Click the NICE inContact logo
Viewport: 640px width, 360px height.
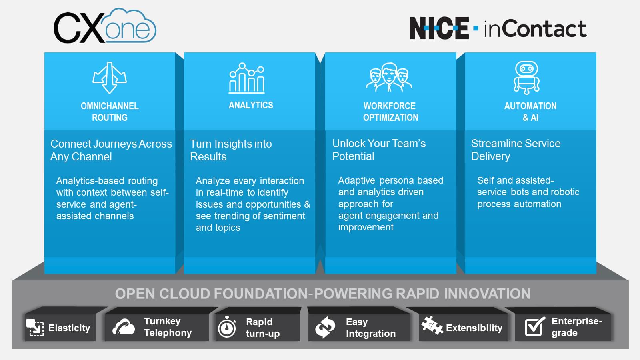pyautogui.click(x=498, y=28)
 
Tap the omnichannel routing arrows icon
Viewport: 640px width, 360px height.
pyautogui.click(x=110, y=78)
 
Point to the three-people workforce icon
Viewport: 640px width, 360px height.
pyautogui.click(x=389, y=77)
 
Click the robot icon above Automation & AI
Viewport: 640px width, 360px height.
pyautogui.click(x=526, y=78)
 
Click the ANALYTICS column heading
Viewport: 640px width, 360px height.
pyautogui.click(x=251, y=105)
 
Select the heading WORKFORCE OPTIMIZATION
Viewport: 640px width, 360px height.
pyautogui.click(x=390, y=112)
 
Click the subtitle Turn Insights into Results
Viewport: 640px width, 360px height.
pyautogui.click(x=230, y=150)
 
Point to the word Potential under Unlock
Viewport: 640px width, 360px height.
pyautogui.click(x=353, y=156)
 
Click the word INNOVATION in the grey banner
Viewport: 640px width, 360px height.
pyautogui.click(x=487, y=294)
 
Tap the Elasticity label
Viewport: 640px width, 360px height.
pyautogui.click(x=69, y=328)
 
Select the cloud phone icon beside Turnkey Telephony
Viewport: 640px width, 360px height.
pyautogui.click(x=124, y=327)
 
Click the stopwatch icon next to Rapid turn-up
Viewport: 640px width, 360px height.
pyautogui.click(x=227, y=327)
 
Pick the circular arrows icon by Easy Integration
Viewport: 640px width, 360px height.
pyautogui.click(x=325, y=327)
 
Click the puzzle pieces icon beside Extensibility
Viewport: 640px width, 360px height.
pyautogui.click(x=432, y=325)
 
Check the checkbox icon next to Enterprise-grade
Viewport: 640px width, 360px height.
pyautogui.click(x=534, y=326)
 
